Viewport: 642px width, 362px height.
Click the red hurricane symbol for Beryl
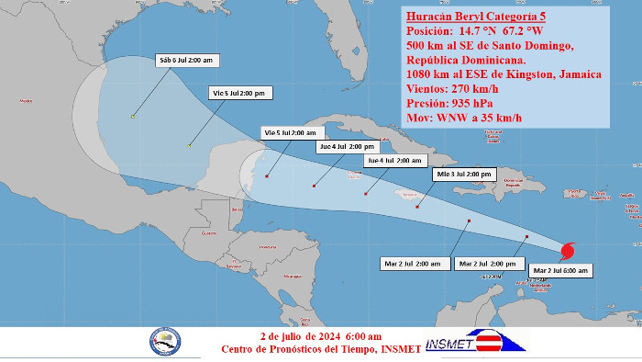pos(569,249)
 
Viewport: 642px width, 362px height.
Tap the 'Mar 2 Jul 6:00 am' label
pos(559,270)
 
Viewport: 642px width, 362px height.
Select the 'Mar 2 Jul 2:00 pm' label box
pos(487,264)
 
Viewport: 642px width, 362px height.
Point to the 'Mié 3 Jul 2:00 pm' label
pos(464,174)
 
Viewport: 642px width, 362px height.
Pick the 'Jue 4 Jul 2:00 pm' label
pos(347,146)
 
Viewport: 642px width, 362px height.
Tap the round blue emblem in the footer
pos(166,341)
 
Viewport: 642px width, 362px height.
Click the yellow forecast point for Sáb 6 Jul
pos(133,116)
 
